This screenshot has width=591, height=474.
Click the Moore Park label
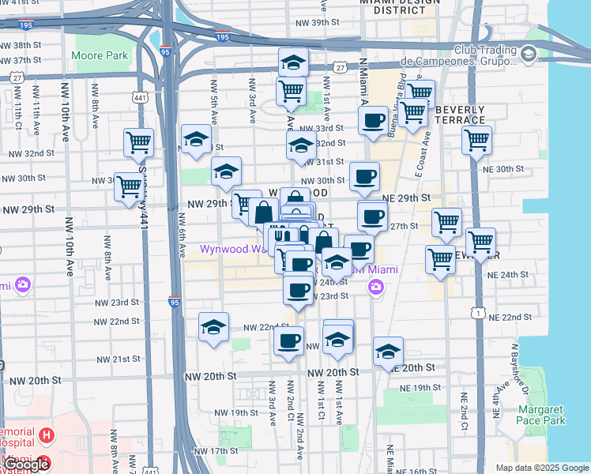click(x=100, y=56)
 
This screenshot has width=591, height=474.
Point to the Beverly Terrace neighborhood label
click(x=460, y=114)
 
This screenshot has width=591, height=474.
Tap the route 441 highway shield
click(x=140, y=96)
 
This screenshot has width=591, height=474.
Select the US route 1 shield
click(x=479, y=314)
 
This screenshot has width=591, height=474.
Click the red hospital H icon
click(x=47, y=435)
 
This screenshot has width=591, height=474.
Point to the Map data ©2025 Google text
click(x=542, y=468)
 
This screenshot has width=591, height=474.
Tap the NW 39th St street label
click(x=314, y=22)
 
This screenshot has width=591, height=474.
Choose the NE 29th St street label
click(x=405, y=197)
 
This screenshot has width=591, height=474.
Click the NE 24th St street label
click(x=508, y=274)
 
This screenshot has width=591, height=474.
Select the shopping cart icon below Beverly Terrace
click(x=476, y=141)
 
